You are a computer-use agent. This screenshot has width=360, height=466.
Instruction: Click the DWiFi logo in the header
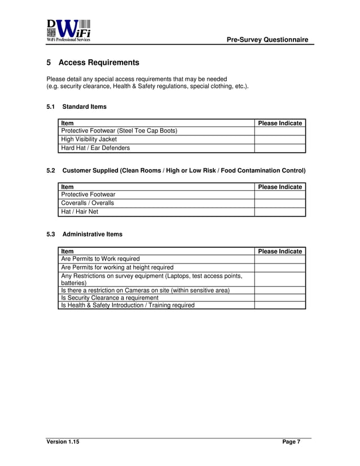point(69,31)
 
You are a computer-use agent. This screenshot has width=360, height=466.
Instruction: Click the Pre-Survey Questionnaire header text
point(267,39)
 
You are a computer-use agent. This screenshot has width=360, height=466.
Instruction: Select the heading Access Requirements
point(99,62)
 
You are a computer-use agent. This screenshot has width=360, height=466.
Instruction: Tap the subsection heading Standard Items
point(84,106)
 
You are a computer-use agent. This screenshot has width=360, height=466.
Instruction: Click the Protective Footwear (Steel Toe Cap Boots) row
point(119,131)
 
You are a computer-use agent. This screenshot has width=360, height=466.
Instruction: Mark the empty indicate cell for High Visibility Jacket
point(279,139)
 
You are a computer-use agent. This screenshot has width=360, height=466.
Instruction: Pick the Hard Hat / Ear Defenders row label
point(95,148)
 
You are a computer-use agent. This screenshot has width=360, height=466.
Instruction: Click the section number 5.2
point(50,170)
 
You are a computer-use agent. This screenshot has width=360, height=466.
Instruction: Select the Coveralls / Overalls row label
point(87,203)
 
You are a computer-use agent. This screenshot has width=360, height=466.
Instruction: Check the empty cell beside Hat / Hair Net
point(279,212)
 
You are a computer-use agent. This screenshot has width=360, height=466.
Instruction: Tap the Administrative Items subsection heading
point(92,234)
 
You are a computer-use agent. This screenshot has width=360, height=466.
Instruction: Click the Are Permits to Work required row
point(100,259)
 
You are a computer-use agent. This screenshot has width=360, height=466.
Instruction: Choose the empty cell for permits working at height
point(279,267)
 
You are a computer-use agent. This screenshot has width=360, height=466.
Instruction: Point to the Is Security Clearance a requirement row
point(109,297)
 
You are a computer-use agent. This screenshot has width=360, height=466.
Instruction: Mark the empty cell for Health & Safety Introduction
point(279,305)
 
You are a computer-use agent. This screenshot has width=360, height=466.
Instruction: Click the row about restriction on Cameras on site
point(145,290)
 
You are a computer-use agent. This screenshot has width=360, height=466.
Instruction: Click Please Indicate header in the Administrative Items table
point(279,251)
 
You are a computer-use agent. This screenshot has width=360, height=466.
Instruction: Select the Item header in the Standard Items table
point(67,123)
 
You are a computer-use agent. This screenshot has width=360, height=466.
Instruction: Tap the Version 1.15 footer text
point(63,442)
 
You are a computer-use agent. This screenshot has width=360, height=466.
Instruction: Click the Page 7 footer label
point(291,442)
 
